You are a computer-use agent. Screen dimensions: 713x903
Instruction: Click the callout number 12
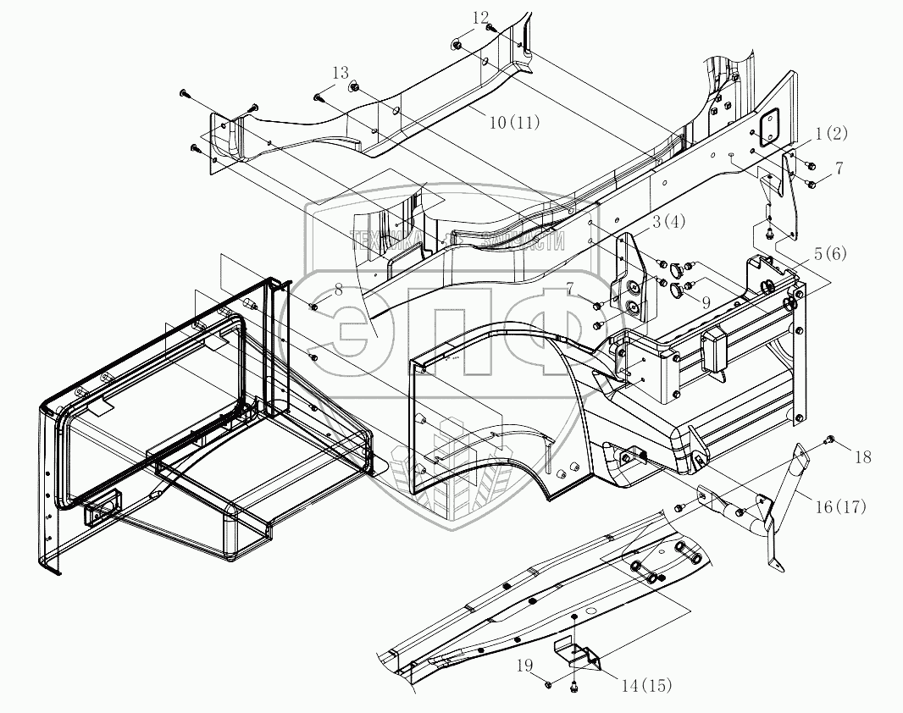(x=480, y=17)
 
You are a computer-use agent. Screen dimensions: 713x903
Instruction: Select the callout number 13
(x=341, y=72)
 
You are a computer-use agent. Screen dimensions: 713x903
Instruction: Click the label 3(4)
(x=668, y=222)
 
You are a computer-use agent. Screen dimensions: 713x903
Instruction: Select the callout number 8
(x=338, y=289)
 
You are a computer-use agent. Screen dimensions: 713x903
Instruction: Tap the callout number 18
(x=862, y=457)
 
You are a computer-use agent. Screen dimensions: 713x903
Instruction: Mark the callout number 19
(x=525, y=666)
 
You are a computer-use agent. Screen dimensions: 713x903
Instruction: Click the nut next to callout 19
(x=548, y=683)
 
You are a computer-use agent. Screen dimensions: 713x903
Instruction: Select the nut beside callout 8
(x=313, y=305)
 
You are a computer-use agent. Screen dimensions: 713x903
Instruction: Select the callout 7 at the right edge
(x=839, y=169)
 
